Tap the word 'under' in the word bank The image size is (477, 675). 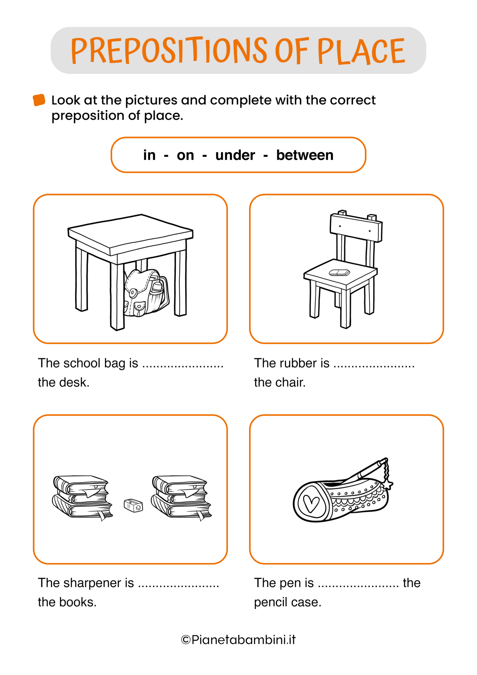click(235, 155)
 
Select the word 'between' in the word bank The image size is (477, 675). click(305, 155)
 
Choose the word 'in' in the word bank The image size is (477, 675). click(149, 155)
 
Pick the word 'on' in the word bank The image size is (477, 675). click(185, 156)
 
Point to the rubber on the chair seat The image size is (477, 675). click(339, 272)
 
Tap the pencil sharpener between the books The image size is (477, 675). click(133, 505)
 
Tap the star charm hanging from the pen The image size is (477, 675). click(388, 484)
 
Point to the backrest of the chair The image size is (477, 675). click(356, 227)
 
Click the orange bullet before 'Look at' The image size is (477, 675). click(39, 100)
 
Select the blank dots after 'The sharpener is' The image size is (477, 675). click(179, 586)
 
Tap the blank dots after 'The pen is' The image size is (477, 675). click(358, 586)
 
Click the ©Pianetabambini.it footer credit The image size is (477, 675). click(238, 640)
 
